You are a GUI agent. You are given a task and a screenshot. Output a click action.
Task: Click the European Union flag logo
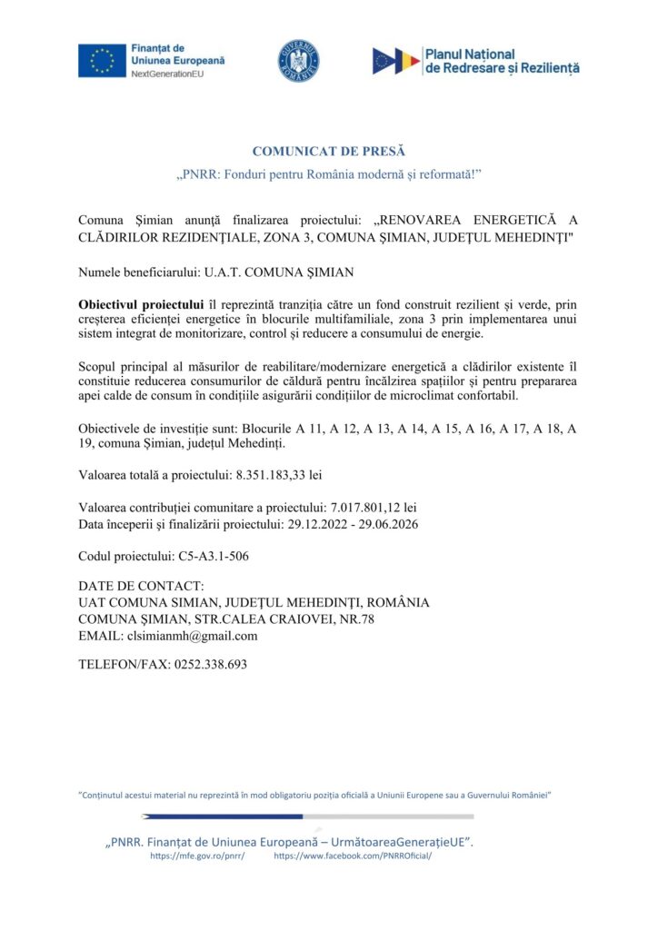(102, 60)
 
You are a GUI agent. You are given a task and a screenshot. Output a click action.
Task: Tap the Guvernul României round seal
(298, 61)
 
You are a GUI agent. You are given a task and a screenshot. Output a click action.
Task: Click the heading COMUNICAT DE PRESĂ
(328, 151)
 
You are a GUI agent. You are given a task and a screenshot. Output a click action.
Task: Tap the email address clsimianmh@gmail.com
(194, 636)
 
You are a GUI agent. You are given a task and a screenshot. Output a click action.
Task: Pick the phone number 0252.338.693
(210, 664)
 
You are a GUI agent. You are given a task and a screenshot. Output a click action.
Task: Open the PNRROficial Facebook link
(353, 856)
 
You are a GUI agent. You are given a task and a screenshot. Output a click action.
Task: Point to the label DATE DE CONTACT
(141, 586)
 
